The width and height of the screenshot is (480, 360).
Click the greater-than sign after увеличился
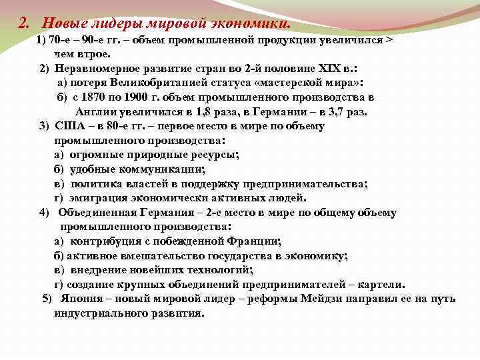pyautogui.click(x=389, y=39)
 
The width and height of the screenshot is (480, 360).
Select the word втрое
pyautogui.click(x=98, y=53)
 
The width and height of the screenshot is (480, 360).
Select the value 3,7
pyautogui.click(x=345, y=111)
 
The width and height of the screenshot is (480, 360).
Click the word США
pyautogui.click(x=70, y=125)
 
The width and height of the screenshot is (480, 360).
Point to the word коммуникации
pyautogui.click(x=158, y=169)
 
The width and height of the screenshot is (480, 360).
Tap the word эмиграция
pyautogui.click(x=96, y=197)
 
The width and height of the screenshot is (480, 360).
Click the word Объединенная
pyautogui.click(x=97, y=213)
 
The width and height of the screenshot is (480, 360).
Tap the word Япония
pyautogui.click(x=82, y=298)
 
